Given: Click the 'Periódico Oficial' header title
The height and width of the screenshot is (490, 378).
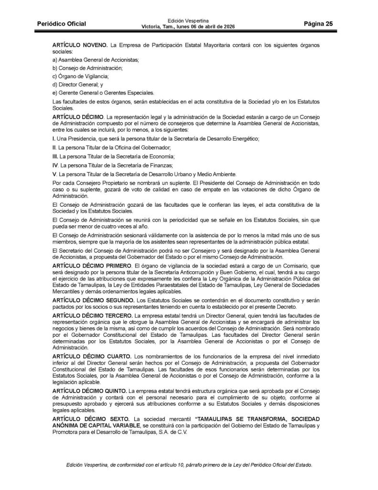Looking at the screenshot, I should click(x=62, y=24).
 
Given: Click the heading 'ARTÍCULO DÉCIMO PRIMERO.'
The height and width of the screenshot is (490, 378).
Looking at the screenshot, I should click(x=93, y=265).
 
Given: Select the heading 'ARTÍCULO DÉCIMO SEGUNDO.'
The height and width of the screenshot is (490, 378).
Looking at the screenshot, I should click(x=94, y=299).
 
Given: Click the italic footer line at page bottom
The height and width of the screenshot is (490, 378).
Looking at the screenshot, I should click(x=189, y=465).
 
